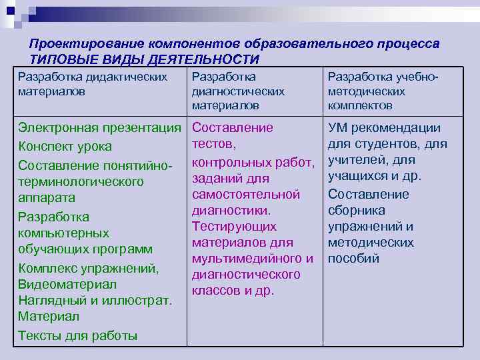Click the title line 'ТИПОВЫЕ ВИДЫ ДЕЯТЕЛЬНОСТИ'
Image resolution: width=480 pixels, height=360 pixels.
tap(144, 59)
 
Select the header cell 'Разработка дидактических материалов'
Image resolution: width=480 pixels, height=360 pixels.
tap(93, 83)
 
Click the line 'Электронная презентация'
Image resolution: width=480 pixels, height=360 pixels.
tap(100, 127)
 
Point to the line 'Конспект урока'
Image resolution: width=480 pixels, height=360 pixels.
tap(65, 147)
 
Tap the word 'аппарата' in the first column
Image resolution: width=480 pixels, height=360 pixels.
tap(47, 198)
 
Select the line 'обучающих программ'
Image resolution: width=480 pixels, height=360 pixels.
tap(85, 249)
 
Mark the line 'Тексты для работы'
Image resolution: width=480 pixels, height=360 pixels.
tap(77, 335)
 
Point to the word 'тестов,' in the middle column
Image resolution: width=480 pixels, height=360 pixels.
tap(213, 144)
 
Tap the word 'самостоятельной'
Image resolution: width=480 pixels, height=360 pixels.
tap(245, 195)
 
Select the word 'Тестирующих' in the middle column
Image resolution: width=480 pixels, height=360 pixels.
tap(234, 227)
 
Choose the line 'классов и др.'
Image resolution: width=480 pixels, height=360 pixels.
tap(233, 291)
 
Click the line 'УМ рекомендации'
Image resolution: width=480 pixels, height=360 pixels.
tap(384, 128)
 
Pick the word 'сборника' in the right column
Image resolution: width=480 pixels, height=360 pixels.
tap(356, 211)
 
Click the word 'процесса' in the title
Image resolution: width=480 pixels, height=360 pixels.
tap(407, 43)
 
